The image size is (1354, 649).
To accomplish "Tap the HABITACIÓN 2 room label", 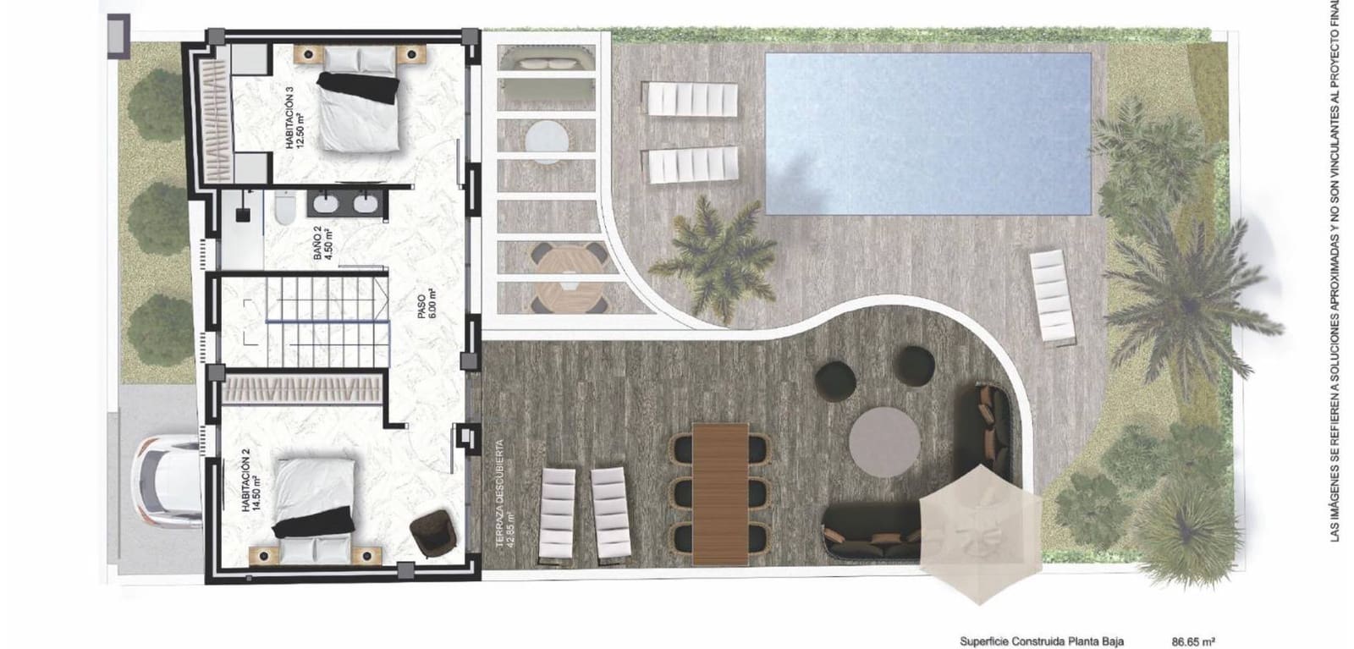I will pyautogui.click(x=252, y=491).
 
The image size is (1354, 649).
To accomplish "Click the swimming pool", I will pyautogui.click(x=928, y=134).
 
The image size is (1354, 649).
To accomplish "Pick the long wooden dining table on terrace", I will pyautogui.click(x=720, y=494).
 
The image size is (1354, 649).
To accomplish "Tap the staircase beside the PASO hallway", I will pyautogui.click(x=324, y=322).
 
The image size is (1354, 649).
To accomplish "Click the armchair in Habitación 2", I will pyautogui.click(x=432, y=534).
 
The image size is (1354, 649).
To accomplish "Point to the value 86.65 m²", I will pyautogui.click(x=1193, y=641).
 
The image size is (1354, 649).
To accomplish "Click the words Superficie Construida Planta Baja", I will pyautogui.click(x=1042, y=641).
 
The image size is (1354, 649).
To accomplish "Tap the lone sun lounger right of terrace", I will pyautogui.click(x=1052, y=297).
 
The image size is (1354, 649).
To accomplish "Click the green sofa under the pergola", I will pyautogui.click(x=547, y=62).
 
